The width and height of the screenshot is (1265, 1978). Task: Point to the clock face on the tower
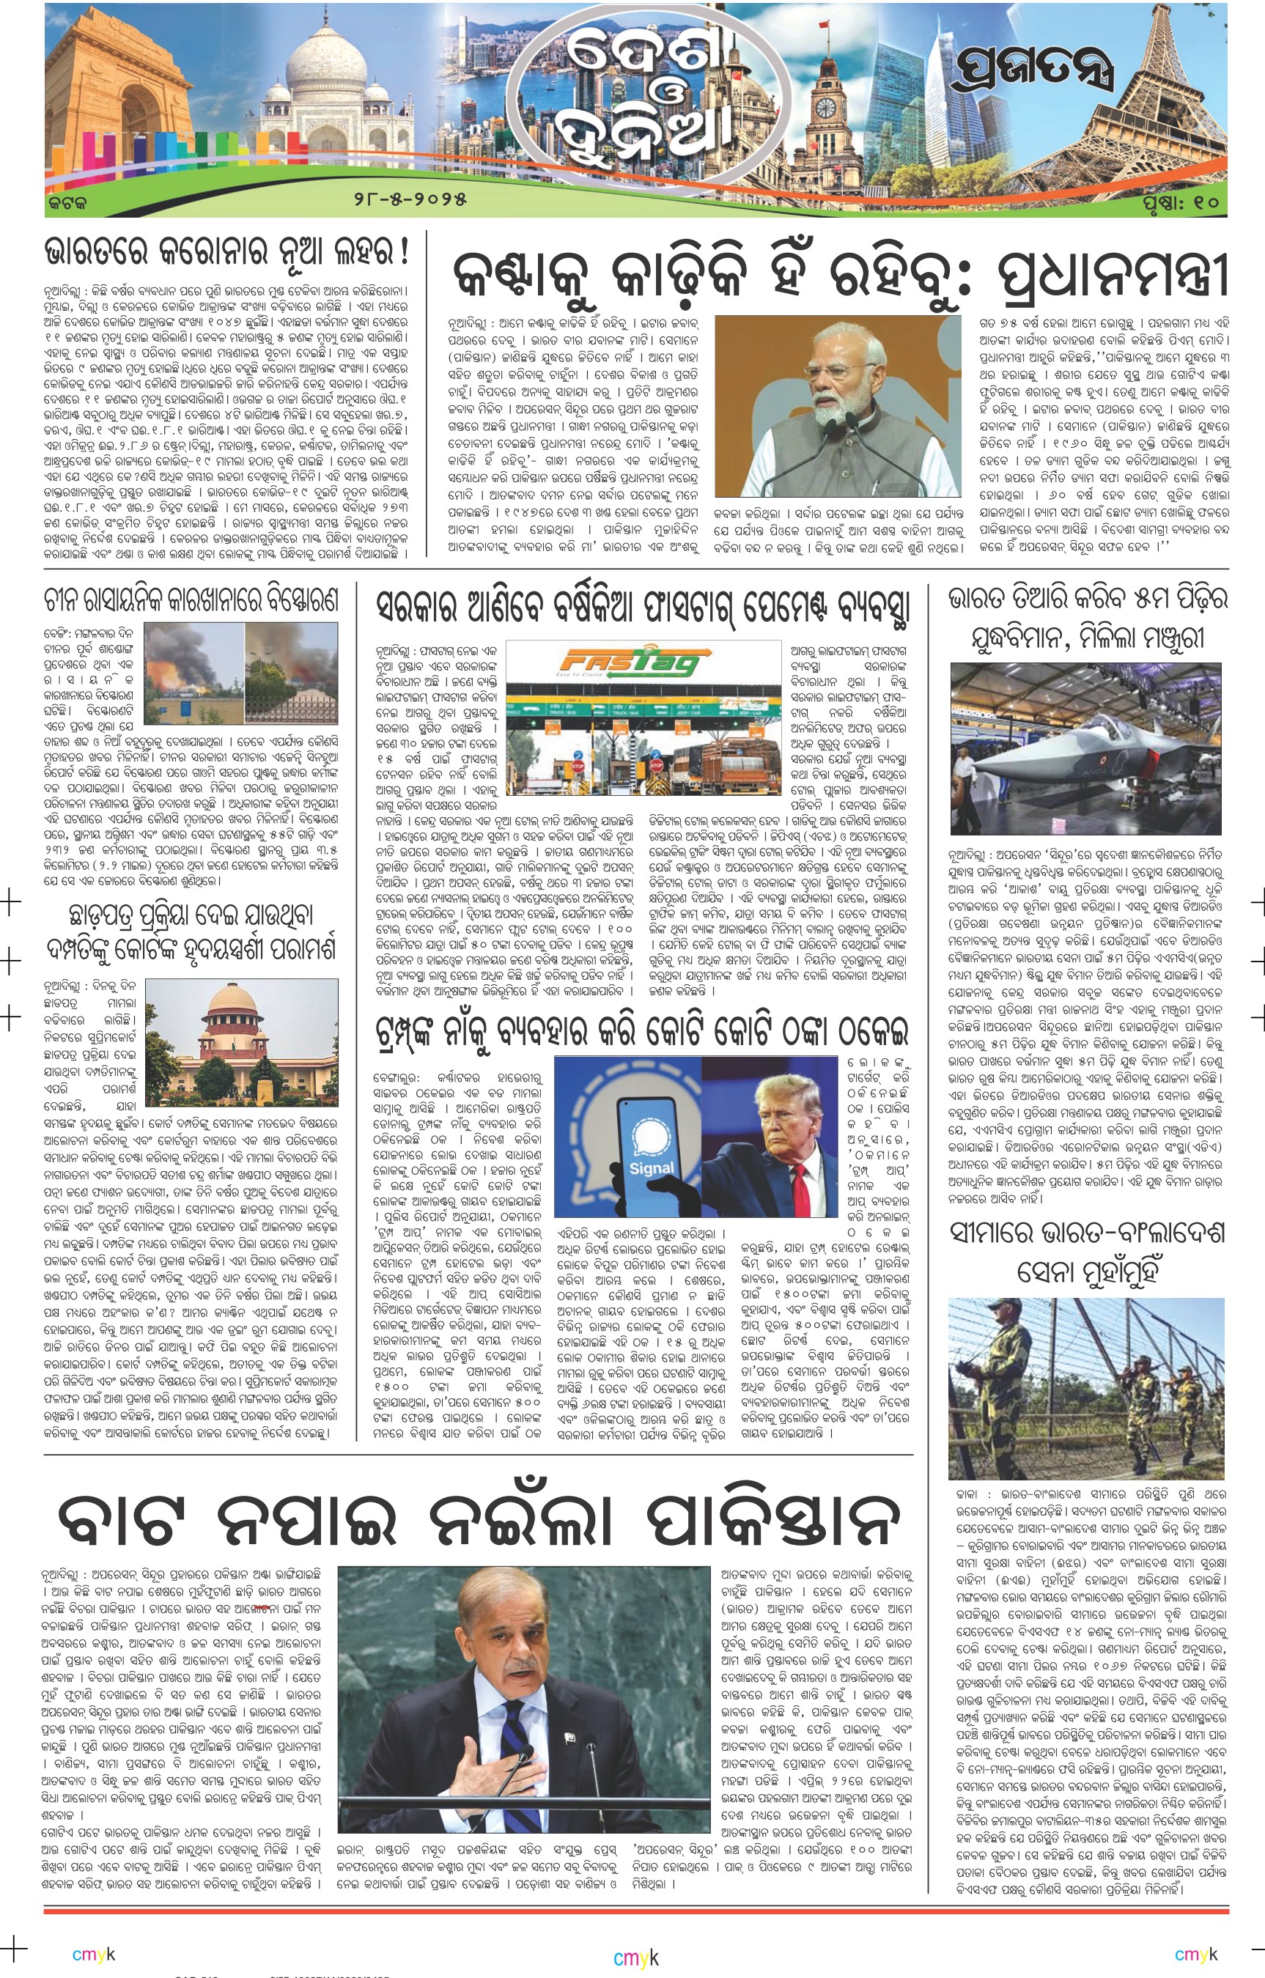[825, 108]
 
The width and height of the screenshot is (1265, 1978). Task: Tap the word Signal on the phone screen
[651, 1167]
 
